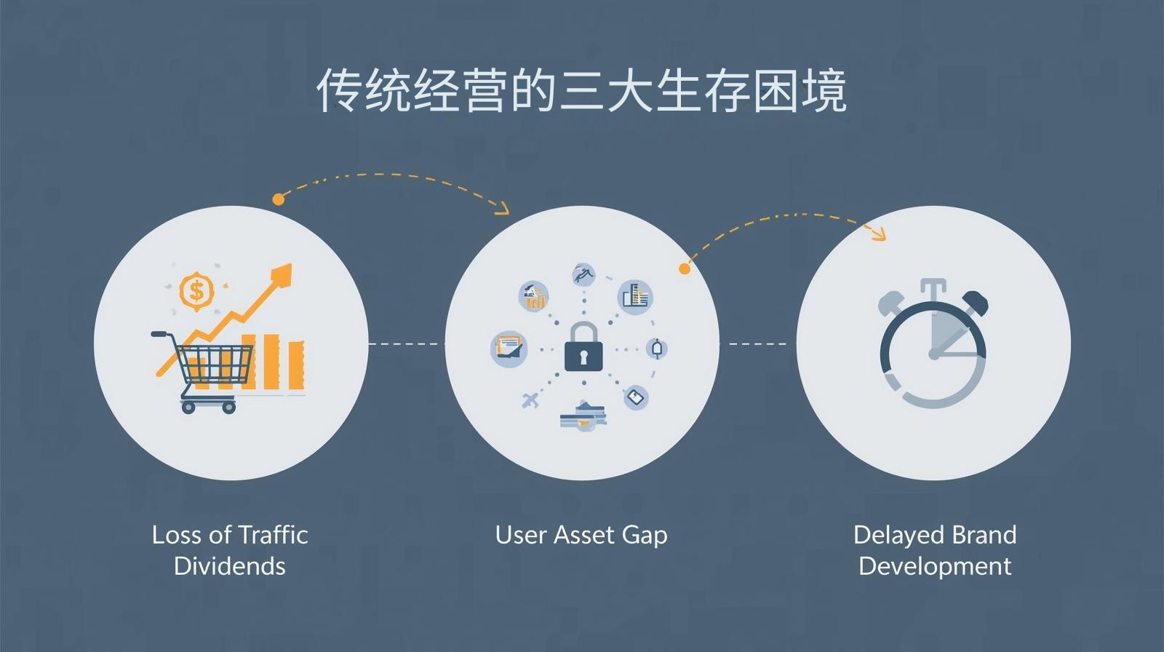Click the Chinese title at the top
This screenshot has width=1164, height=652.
(x=581, y=91)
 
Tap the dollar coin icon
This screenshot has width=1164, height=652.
(x=196, y=292)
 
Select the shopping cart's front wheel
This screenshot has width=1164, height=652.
(x=228, y=406)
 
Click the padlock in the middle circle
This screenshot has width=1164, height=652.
(x=583, y=348)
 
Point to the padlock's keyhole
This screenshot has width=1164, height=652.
(x=583, y=357)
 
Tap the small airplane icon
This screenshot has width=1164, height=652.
(x=531, y=399)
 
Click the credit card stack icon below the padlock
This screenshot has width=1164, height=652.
(x=582, y=416)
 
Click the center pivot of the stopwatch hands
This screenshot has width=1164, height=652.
(x=933, y=354)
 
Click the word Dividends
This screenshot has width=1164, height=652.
(x=230, y=566)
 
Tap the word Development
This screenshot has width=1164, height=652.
(x=935, y=566)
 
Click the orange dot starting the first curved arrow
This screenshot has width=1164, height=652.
(x=278, y=199)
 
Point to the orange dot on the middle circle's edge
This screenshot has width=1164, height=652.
(x=684, y=269)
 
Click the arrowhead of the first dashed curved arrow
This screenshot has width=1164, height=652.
(x=502, y=210)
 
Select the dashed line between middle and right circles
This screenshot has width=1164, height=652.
(x=757, y=343)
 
